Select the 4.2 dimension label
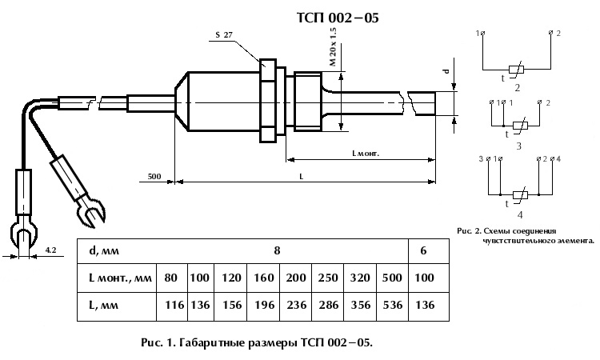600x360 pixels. click(50, 250)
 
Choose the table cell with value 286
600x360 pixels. click(326, 305)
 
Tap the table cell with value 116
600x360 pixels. click(170, 305)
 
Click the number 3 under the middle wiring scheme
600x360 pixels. click(518, 146)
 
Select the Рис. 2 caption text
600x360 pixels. click(525, 234)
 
